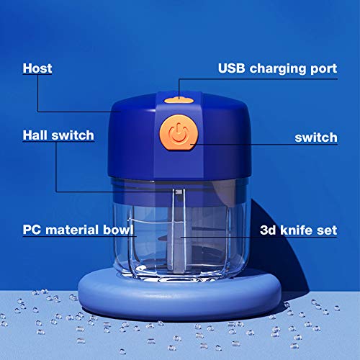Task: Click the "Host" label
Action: pos(37,69)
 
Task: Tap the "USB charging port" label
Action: pos(277,69)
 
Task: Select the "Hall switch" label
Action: pos(58,135)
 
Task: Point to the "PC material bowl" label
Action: pos(78,231)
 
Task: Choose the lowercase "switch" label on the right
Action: pos(316,137)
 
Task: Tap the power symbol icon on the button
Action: pos(176,134)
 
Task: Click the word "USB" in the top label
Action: pos(233,69)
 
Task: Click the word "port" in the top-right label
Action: pos(322,70)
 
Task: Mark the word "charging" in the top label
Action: pos(277,70)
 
